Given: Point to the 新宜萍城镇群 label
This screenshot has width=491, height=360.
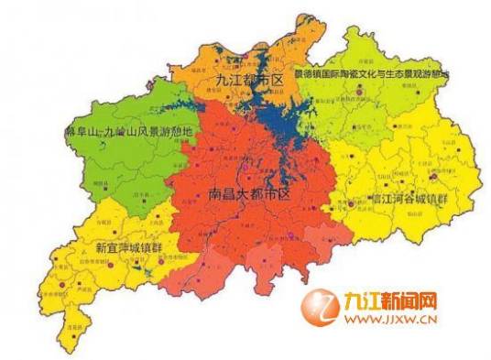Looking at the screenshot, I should tap(131, 246).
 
